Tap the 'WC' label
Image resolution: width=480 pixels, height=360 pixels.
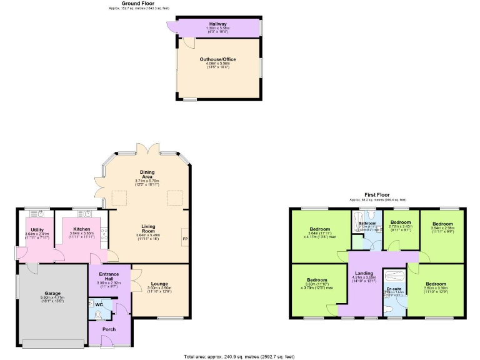pyautogui.click(x=99, y=304)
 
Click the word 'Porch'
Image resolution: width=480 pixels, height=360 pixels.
pyautogui.click(x=109, y=329)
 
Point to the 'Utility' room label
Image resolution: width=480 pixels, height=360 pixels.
pyautogui.click(x=37, y=229)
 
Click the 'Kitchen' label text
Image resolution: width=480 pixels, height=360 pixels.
pyautogui.click(x=82, y=229)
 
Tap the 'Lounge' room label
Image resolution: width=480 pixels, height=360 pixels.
pyautogui.click(x=159, y=284)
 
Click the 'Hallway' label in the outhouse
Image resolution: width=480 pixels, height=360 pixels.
pyautogui.click(x=218, y=24)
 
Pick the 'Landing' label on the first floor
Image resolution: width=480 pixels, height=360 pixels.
pyautogui.click(x=364, y=273)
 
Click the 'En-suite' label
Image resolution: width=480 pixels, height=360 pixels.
pyautogui.click(x=394, y=288)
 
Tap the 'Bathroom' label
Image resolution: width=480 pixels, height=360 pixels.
pyautogui.click(x=367, y=223)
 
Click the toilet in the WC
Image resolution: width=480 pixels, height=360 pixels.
pyautogui.click(x=97, y=314)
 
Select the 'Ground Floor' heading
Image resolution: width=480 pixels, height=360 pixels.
pyautogui.click(x=139, y=3)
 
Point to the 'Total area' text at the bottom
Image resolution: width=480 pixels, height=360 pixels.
pyautogui.click(x=240, y=356)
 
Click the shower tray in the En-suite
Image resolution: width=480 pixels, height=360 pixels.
pyautogui.click(x=394, y=276)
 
